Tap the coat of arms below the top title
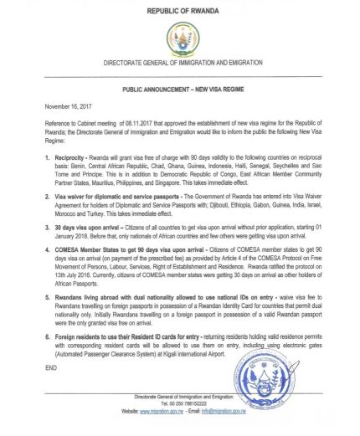coord(179,38)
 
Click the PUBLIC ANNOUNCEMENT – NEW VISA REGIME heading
coord(179,85)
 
